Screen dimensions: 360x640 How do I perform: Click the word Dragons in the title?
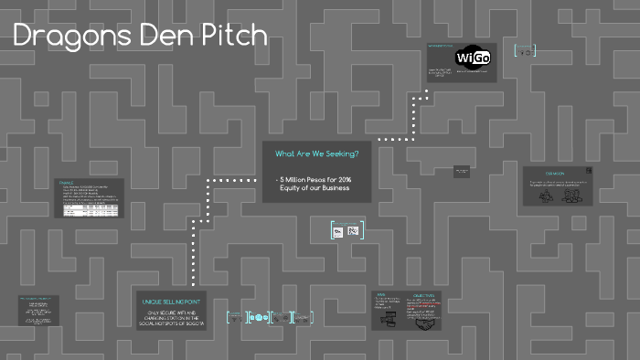pyautogui.click(x=66, y=36)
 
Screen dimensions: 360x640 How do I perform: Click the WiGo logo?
pyautogui.click(x=472, y=58)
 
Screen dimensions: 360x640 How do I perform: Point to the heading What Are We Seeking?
pyautogui.click(x=316, y=154)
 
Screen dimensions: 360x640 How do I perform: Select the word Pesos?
pyautogui.click(x=318, y=179)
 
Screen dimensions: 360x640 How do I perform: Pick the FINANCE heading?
pyautogui.click(x=65, y=183)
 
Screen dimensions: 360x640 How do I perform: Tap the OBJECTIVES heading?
pyautogui.click(x=423, y=295)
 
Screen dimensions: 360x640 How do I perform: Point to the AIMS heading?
pyautogui.click(x=380, y=295)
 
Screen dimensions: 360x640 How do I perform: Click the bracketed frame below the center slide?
pyautogui.click(x=347, y=231)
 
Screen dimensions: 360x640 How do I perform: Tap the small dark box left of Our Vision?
pyautogui.click(x=462, y=171)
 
